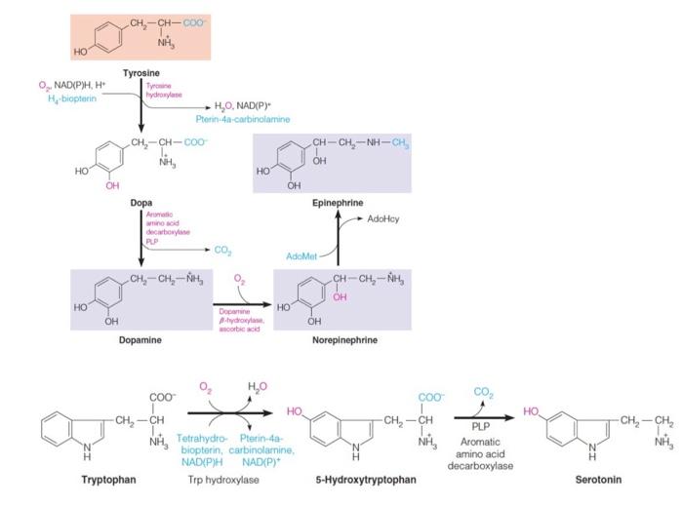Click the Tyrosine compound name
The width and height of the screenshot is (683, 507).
click(x=141, y=73)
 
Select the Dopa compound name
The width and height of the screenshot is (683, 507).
click(x=141, y=203)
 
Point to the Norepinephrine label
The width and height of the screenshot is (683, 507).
click(x=344, y=340)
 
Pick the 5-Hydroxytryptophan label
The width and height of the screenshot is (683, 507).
click(x=366, y=479)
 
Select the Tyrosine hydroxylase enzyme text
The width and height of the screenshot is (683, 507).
click(x=160, y=91)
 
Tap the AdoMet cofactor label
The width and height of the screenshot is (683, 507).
click(x=302, y=255)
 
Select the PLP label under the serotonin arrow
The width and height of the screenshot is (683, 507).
click(x=480, y=425)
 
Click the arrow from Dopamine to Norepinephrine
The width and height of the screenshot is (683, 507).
click(x=239, y=303)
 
